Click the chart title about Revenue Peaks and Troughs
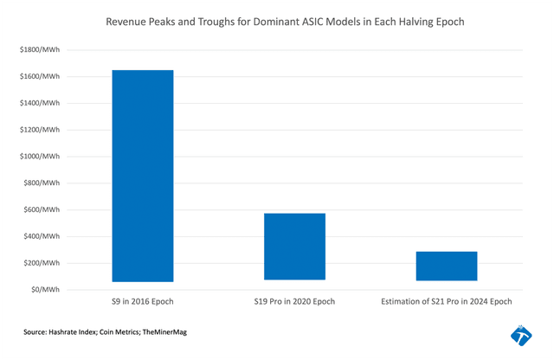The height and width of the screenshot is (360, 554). click(277, 20)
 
